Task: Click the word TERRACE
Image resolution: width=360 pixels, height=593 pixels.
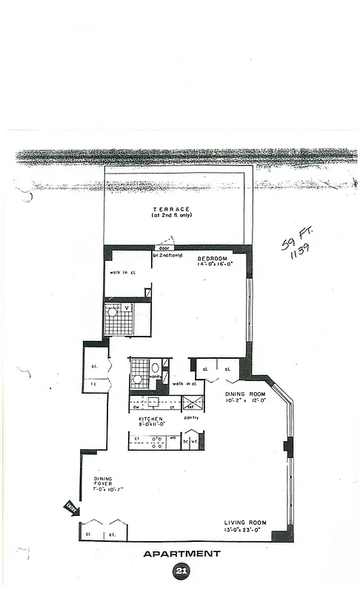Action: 171,209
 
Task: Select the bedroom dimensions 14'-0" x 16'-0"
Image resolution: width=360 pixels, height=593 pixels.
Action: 215,265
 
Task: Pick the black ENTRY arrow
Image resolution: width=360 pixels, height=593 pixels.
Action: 71,507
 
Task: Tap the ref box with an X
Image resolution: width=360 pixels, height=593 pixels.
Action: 190,405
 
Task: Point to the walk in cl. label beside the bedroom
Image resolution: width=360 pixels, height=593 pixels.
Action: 123,273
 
